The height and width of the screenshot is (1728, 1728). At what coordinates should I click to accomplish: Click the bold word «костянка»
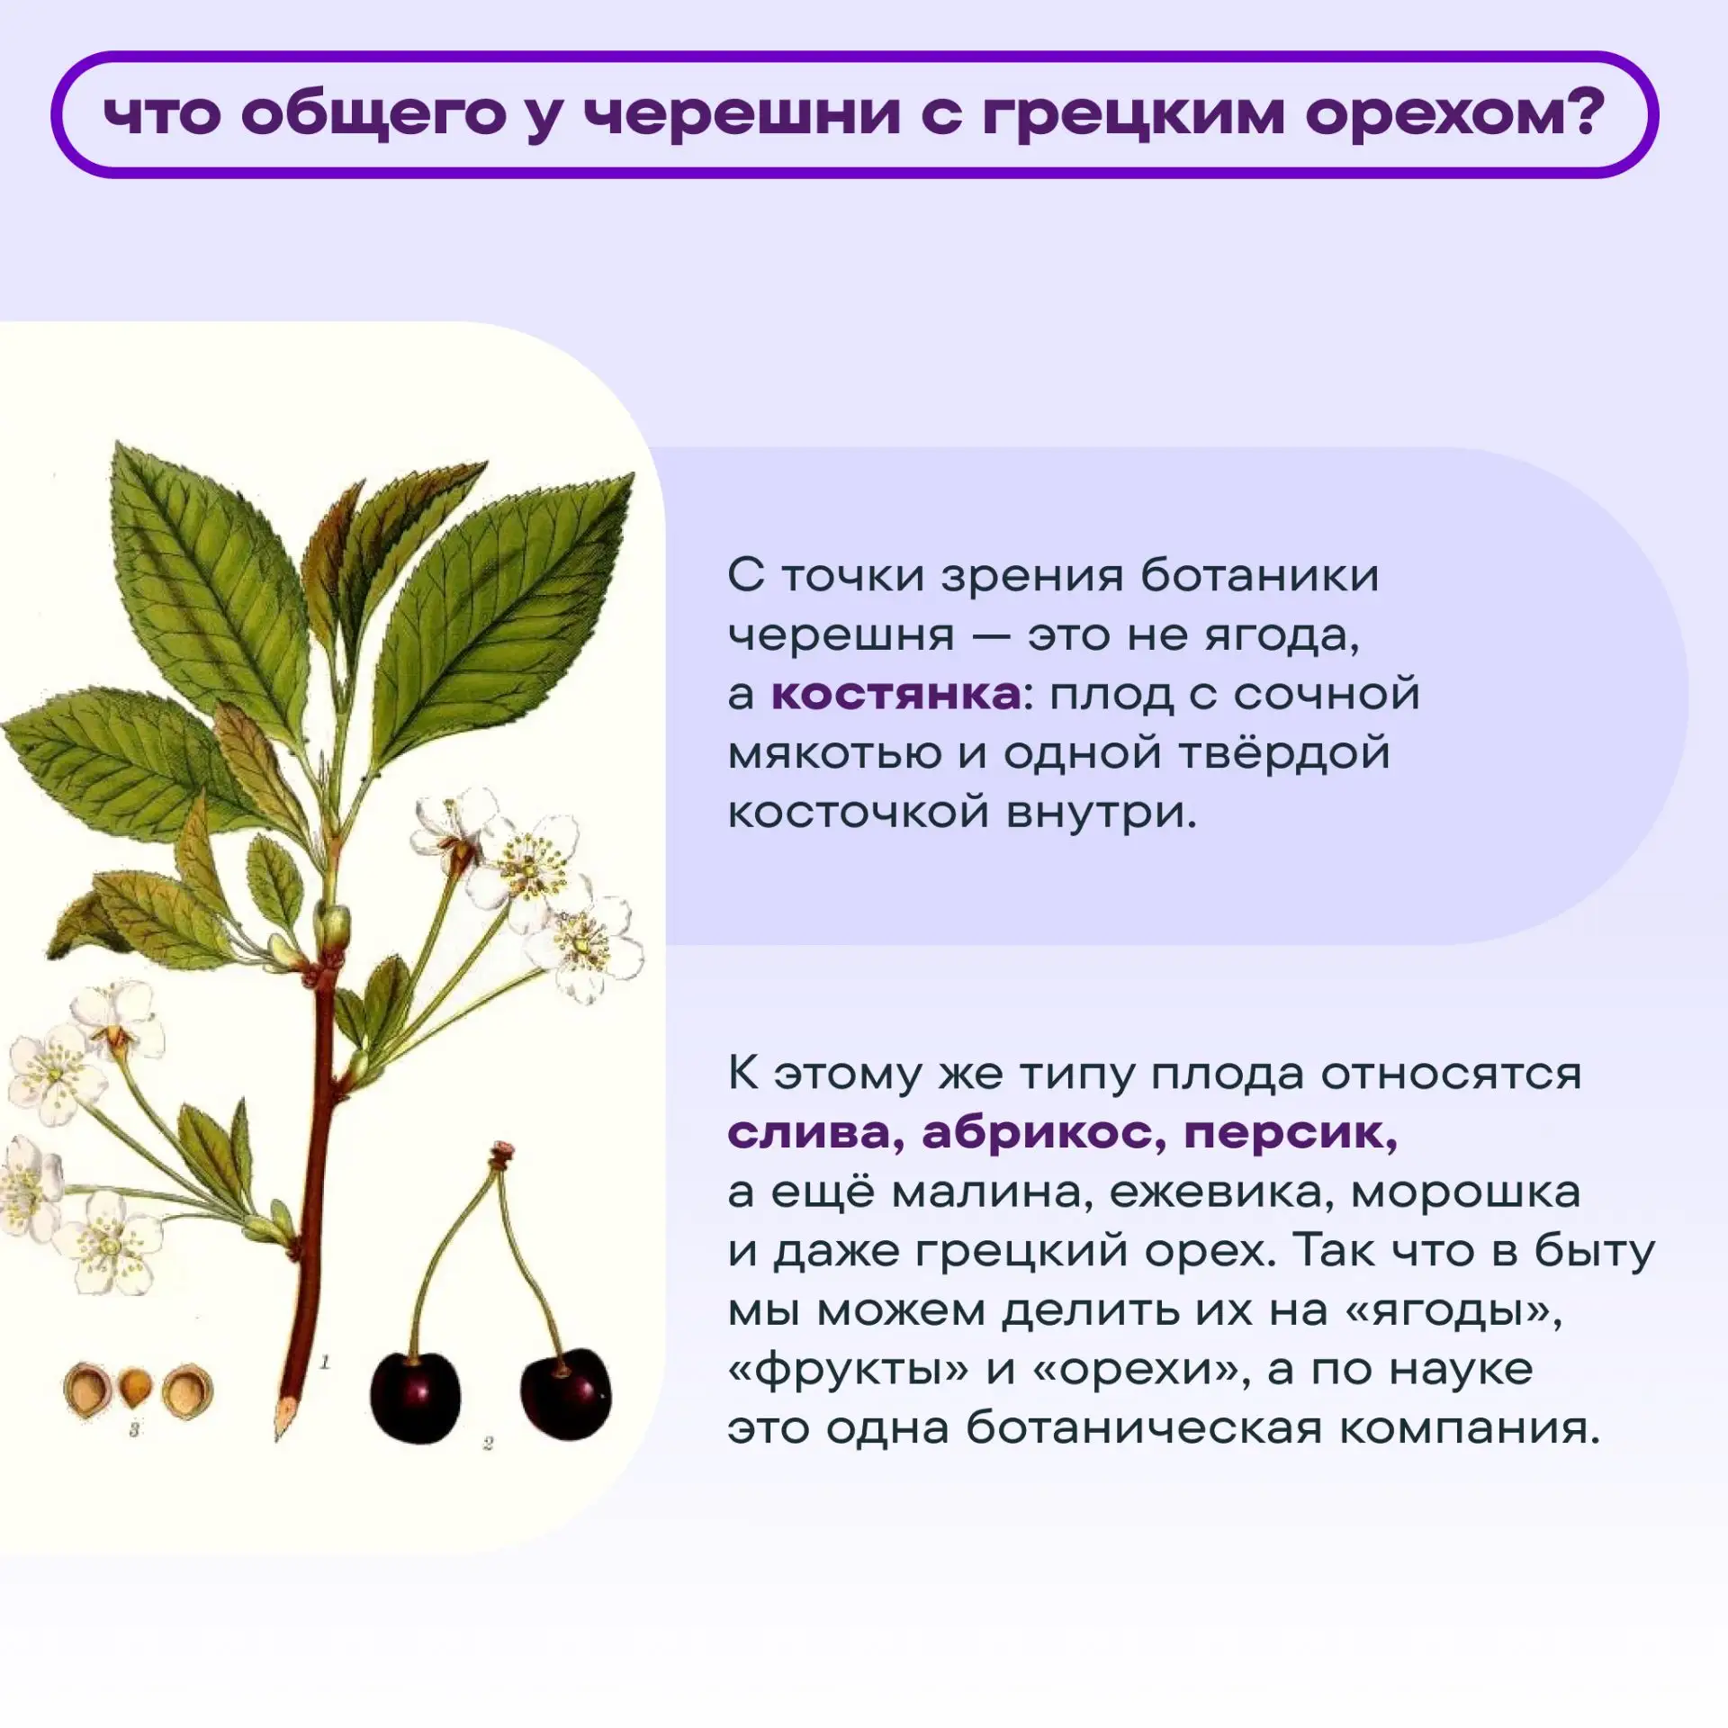click(896, 695)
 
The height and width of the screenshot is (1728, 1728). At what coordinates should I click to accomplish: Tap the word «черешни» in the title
click(742, 116)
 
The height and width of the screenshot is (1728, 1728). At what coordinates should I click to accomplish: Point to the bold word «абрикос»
click(1043, 1133)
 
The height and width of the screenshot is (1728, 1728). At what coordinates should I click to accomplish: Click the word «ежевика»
click(1220, 1193)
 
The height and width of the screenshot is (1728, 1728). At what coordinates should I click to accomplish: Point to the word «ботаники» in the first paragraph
click(1259, 576)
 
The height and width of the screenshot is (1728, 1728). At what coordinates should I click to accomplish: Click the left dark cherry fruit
click(415, 1398)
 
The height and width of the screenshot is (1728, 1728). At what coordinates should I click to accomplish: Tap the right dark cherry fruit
click(565, 1394)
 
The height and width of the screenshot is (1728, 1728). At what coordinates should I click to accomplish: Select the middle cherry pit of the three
click(135, 1388)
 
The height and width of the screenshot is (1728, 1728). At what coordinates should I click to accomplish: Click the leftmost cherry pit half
click(88, 1390)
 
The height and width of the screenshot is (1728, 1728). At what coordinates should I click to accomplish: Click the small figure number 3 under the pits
click(134, 1429)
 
